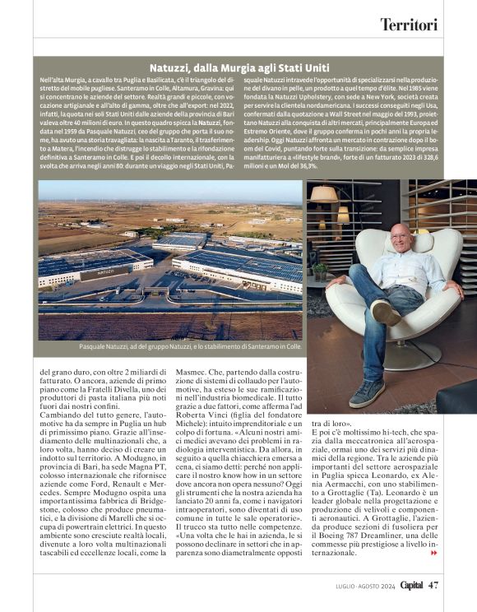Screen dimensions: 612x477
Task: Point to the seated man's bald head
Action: [x=401, y=234]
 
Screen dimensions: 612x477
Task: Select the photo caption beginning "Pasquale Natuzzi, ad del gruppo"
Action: [x=191, y=347]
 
